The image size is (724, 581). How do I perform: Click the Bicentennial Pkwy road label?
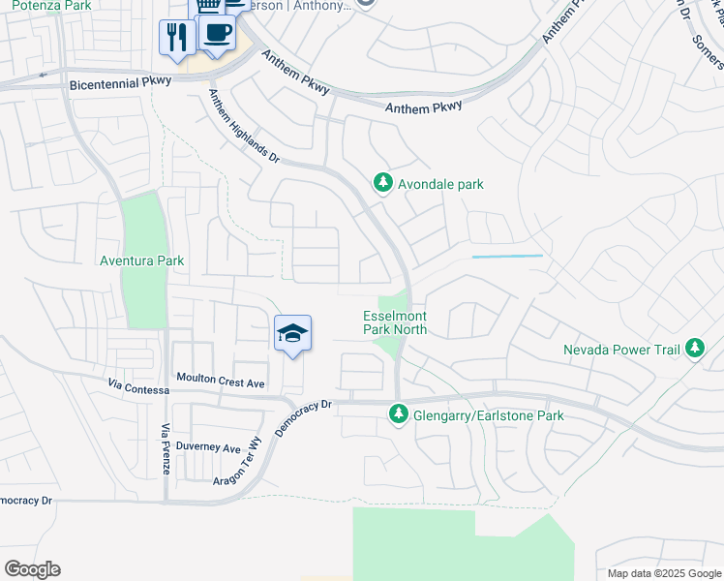coord(119,85)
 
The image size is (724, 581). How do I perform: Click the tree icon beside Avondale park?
coord(383,183)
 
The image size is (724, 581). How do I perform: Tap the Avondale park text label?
coord(440,184)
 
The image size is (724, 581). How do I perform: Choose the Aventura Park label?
coord(141,260)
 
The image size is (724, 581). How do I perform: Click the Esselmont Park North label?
coord(395,322)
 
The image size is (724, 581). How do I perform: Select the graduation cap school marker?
coord(292,334)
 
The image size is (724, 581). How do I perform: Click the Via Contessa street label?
coord(140,389)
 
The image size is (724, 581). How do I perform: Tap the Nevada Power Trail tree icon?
coord(694,348)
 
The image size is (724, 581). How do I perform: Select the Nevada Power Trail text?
coord(622,350)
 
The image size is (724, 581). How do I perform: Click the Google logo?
coord(32,569)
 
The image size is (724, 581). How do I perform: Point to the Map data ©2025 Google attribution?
coord(664,573)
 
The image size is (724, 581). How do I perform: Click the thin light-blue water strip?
coord(507,257)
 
